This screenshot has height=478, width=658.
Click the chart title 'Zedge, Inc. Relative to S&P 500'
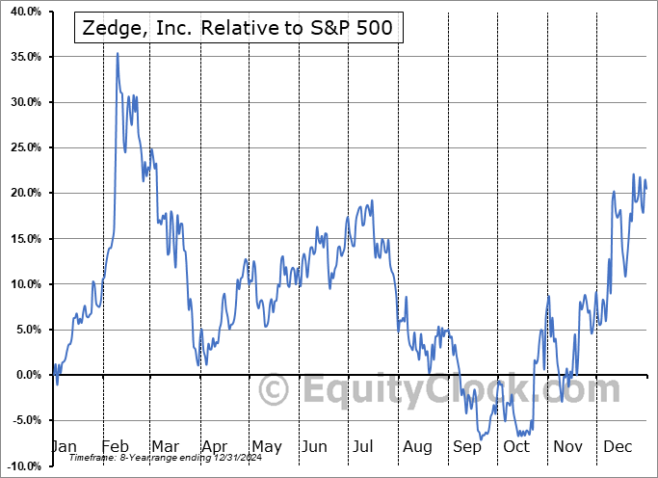[234, 28]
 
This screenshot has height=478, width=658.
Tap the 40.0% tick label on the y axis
[21, 12]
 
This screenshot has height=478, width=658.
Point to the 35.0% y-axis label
[21, 57]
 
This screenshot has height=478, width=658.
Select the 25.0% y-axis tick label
[21, 147]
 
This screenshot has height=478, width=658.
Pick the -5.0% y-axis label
[23, 420]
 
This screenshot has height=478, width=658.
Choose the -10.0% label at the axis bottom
[21, 465]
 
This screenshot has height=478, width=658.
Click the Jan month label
[64, 446]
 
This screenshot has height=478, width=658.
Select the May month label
[266, 446]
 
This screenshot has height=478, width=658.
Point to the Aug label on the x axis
[417, 446]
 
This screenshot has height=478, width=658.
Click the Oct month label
[517, 446]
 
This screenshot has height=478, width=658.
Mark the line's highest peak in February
[118, 53]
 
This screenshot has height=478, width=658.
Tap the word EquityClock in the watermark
[462, 390]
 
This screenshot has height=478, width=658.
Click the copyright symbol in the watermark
[276, 391]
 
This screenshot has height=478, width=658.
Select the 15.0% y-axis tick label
[21, 239]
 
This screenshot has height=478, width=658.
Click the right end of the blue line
[645, 188]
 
